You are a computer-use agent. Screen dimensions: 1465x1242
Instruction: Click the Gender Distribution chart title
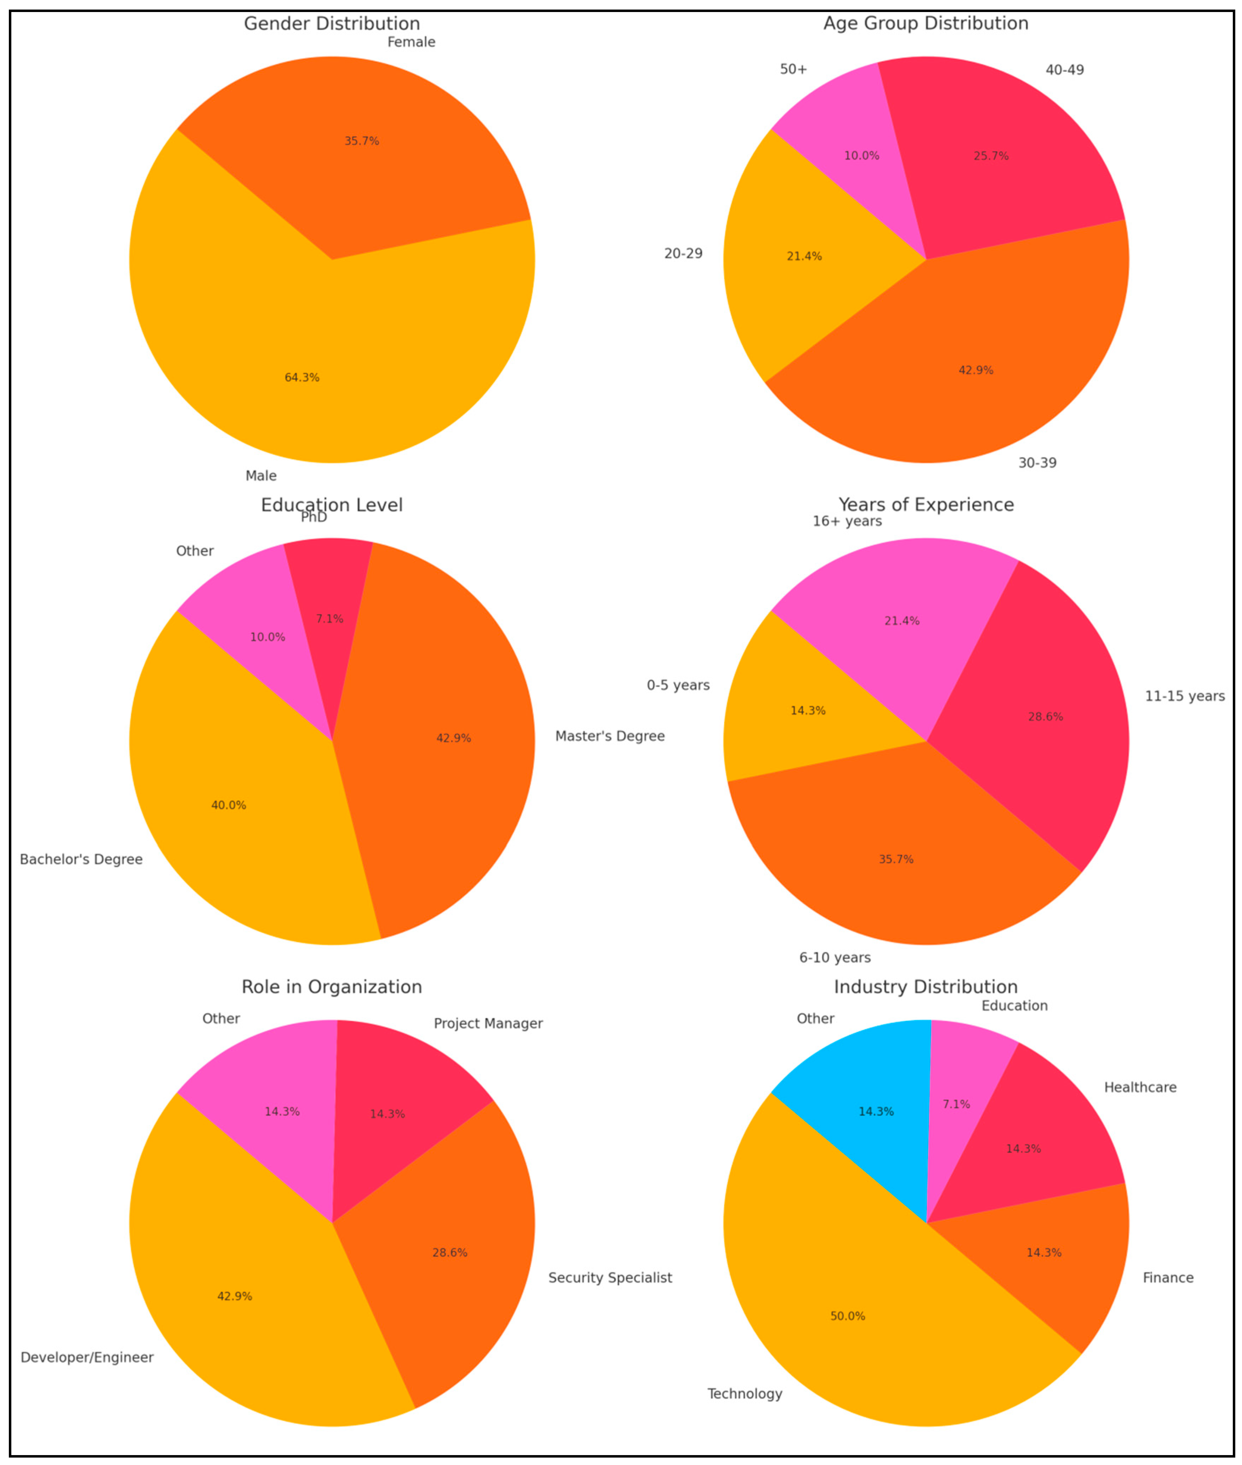(x=332, y=24)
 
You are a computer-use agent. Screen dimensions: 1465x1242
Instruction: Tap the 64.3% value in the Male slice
(x=302, y=378)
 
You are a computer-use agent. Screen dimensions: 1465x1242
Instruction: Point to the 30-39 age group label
(x=1037, y=463)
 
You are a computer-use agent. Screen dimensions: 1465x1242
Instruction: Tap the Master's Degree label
(x=610, y=736)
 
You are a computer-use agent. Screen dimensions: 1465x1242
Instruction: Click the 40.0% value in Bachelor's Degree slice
(x=229, y=805)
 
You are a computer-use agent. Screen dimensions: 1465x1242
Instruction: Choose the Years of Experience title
(x=926, y=504)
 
